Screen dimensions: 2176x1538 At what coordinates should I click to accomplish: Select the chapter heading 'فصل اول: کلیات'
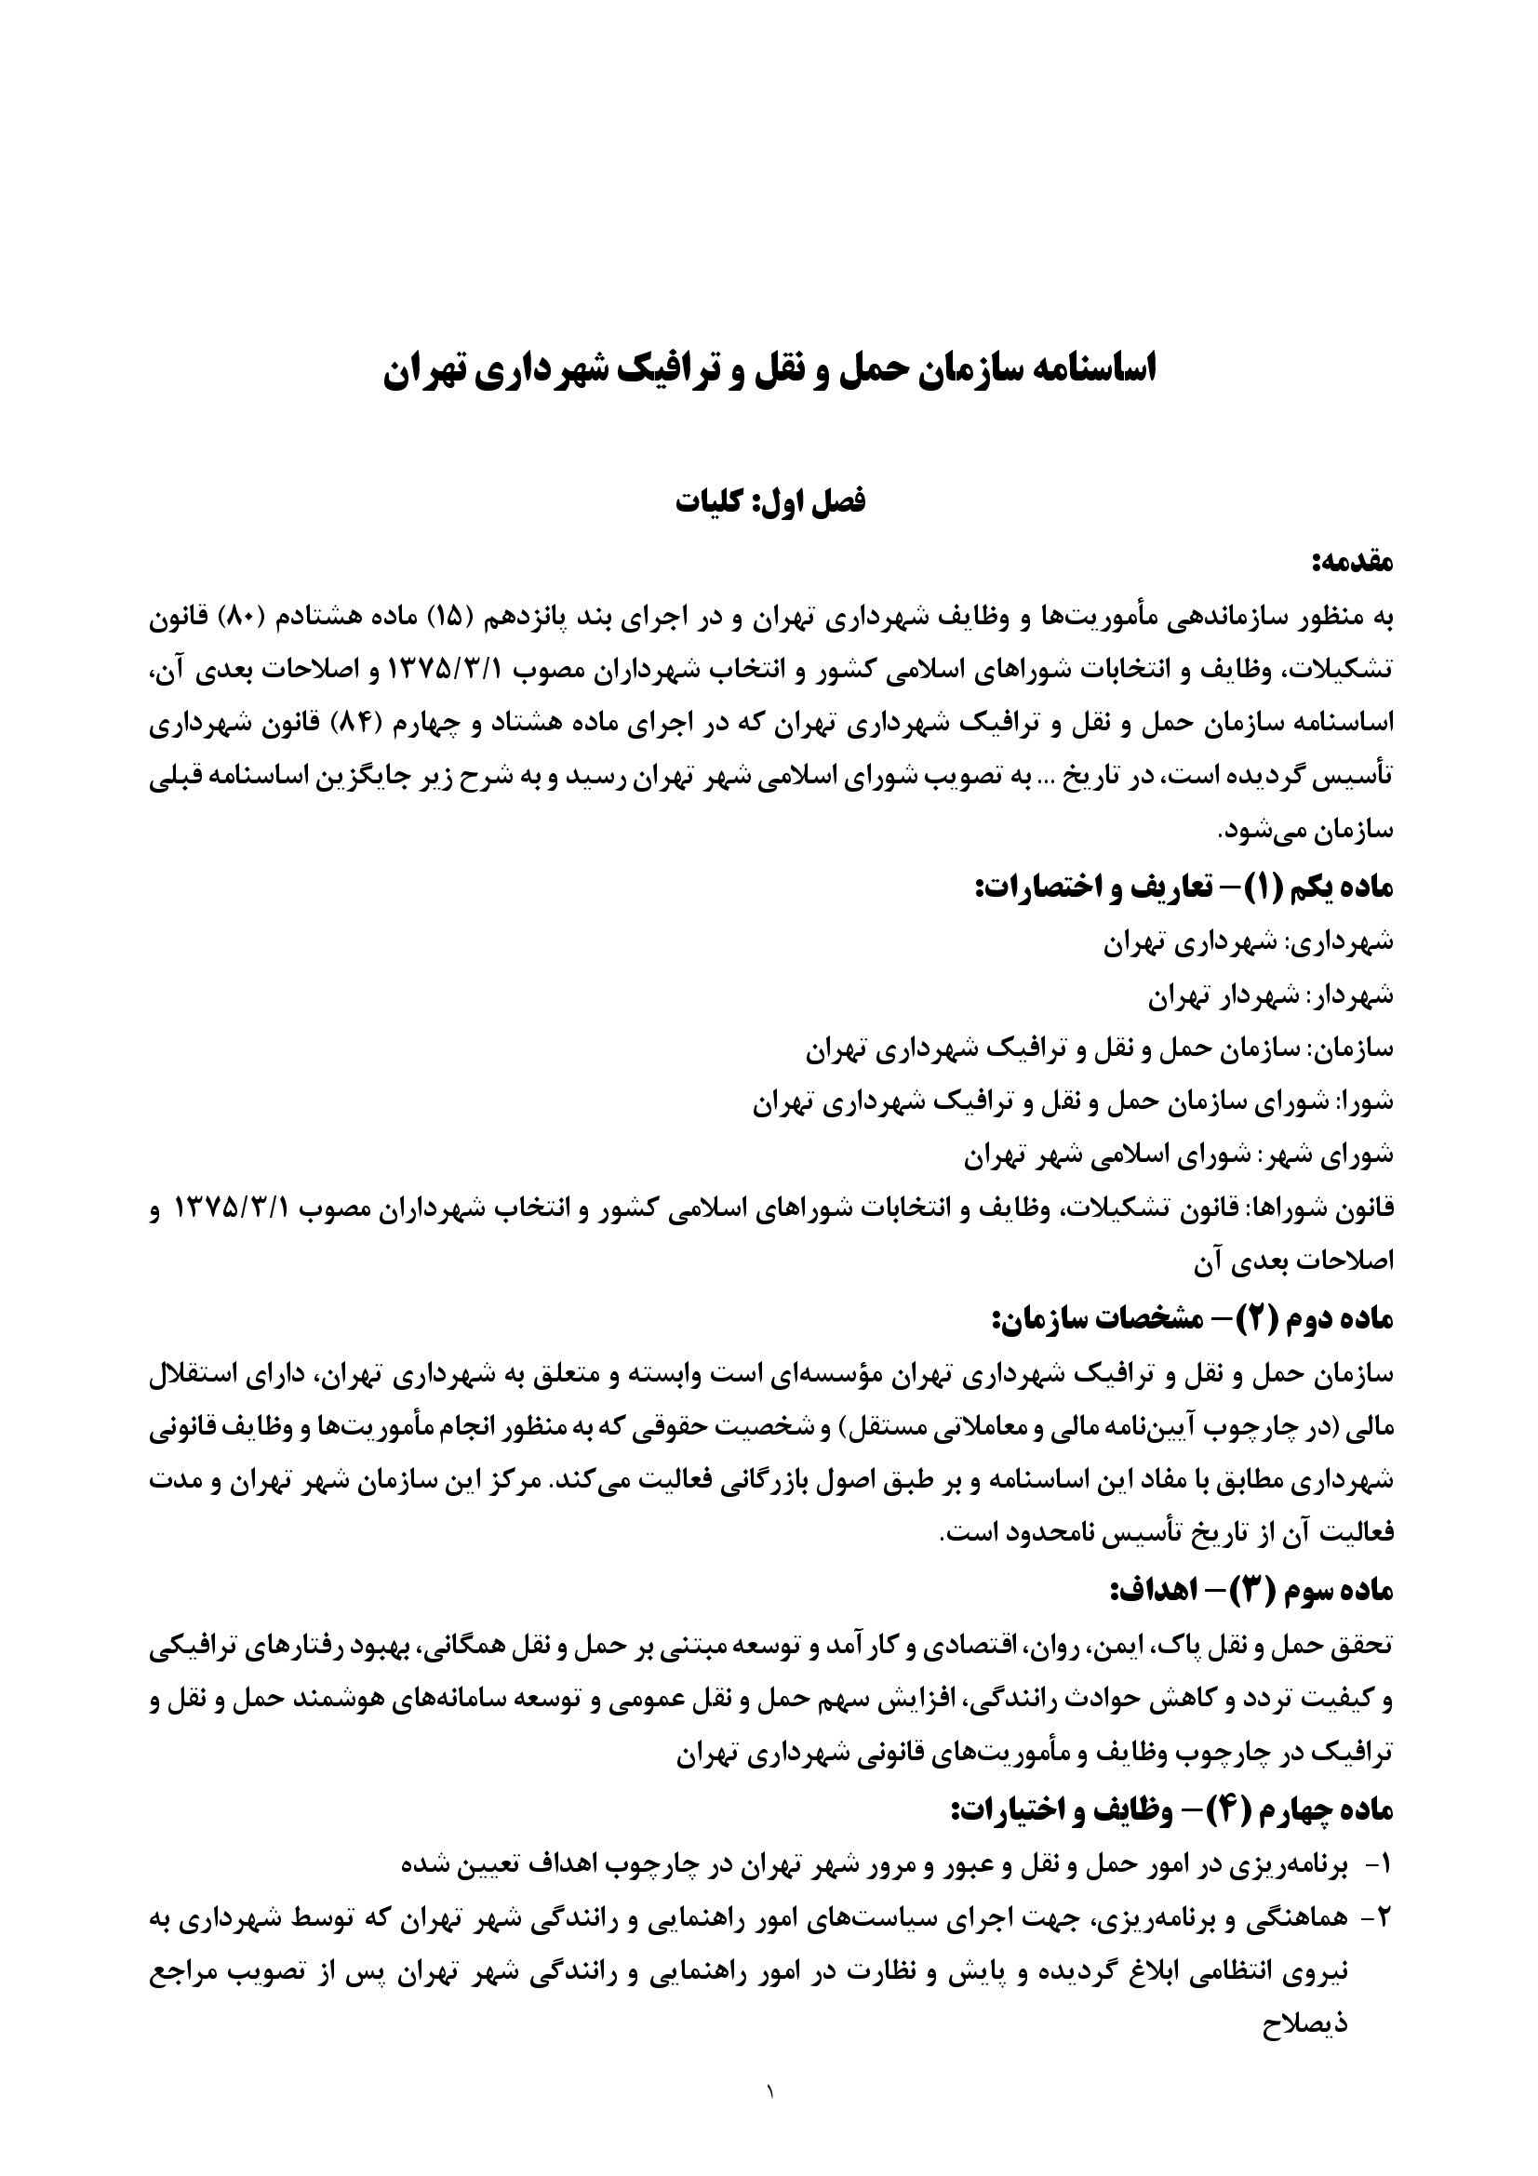click(769, 501)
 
